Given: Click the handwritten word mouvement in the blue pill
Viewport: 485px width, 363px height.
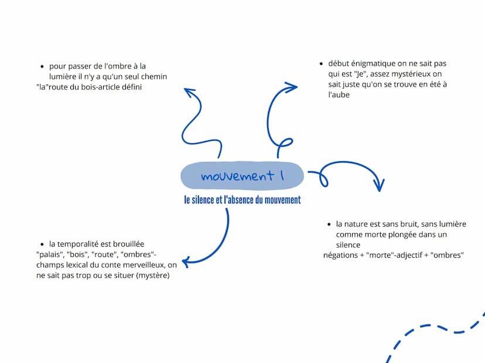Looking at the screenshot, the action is [x=237, y=175].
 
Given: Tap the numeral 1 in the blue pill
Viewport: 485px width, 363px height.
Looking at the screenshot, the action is [x=282, y=175].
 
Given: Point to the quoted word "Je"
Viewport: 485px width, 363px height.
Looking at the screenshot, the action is [x=360, y=74].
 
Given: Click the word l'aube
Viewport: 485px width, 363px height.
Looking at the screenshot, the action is [x=339, y=95].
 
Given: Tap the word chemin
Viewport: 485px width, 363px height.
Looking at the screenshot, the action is [x=154, y=76].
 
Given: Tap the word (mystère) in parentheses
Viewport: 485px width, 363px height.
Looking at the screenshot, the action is [x=153, y=275].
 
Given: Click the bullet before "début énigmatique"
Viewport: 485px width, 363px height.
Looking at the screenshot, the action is [x=321, y=64].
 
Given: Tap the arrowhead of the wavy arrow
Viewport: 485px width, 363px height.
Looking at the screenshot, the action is [x=189, y=92].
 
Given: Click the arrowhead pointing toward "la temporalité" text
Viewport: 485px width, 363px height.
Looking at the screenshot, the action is [x=186, y=262].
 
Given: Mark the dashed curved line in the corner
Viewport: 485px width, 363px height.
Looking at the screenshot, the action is [x=433, y=327].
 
